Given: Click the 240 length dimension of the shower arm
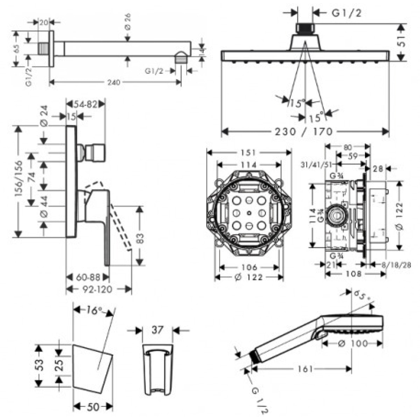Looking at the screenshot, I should pos(114,83).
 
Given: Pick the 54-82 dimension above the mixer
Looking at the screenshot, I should pos(85,104).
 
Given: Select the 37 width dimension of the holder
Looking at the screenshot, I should pos(157,330).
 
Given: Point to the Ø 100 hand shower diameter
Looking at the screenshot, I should pos(353,343).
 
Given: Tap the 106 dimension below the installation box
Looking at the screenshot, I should pos(249,268).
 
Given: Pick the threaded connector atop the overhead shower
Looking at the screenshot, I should pos(304,28).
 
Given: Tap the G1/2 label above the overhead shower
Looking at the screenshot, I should pos(346,13).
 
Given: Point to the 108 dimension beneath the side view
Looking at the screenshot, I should pos(353,274).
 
